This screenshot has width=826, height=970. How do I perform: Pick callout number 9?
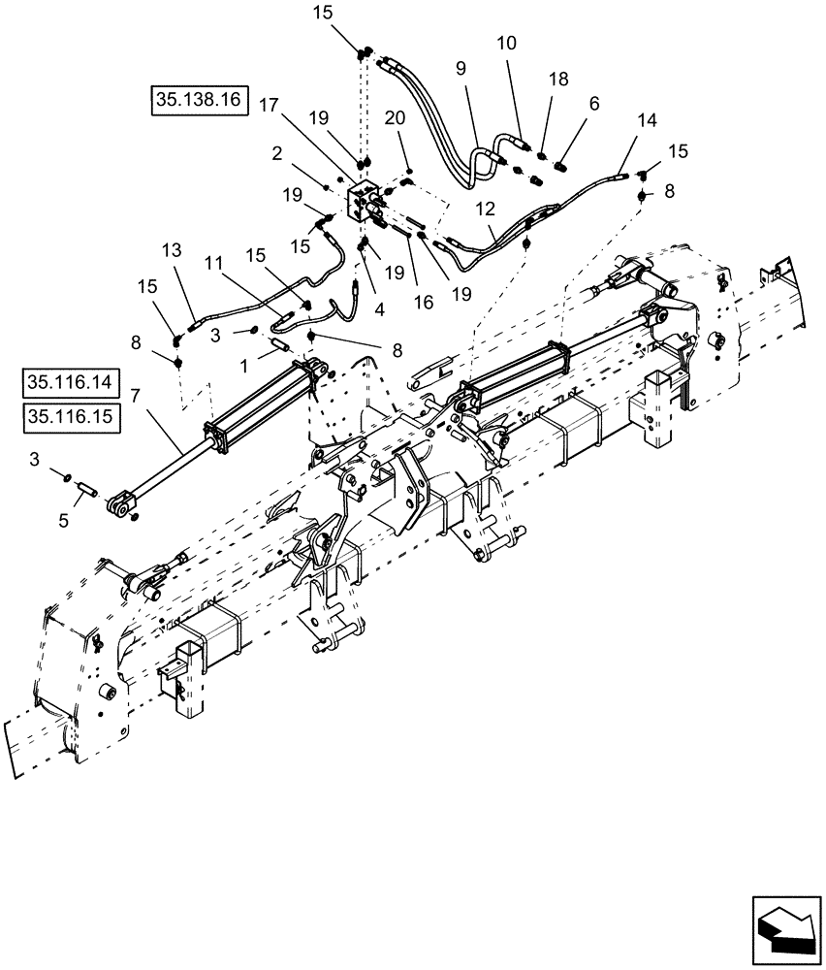(460, 69)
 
